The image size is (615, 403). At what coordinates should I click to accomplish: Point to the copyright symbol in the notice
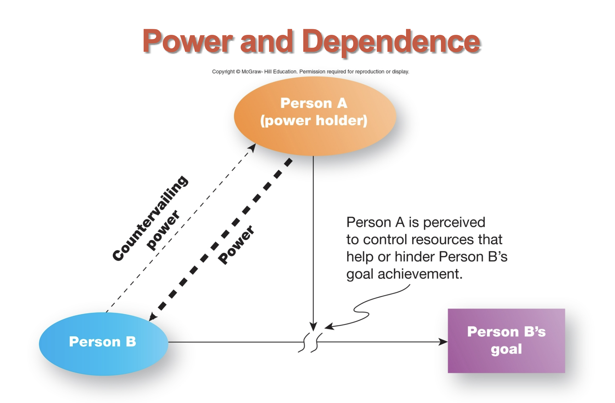[238, 72]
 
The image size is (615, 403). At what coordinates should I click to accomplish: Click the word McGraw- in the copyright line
[252, 72]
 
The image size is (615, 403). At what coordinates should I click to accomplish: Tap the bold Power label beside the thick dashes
[236, 245]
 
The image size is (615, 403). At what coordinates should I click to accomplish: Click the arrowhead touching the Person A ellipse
[253, 147]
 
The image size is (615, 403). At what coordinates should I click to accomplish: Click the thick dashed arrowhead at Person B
[152, 317]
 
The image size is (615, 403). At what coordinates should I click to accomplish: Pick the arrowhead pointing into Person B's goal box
[443, 342]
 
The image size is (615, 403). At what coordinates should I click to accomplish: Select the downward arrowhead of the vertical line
[313, 326]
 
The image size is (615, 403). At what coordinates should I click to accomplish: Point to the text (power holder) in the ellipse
[314, 121]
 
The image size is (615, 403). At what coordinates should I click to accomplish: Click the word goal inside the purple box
[506, 349]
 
